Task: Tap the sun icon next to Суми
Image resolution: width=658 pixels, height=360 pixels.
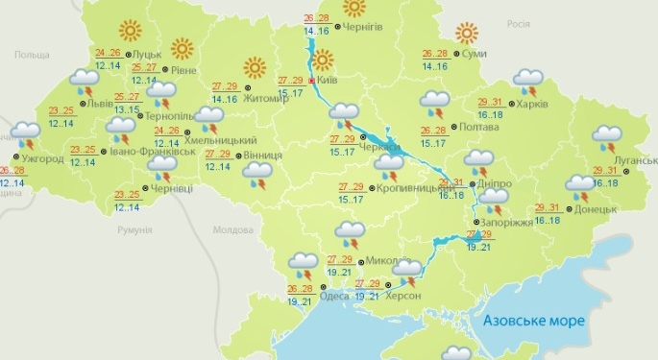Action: [467, 34]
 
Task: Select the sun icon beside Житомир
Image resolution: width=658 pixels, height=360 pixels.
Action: [255, 67]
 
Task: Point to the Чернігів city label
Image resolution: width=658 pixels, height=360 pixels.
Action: [363, 27]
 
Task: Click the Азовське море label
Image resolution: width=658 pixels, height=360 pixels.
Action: [533, 320]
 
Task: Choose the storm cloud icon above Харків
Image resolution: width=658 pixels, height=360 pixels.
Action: [527, 80]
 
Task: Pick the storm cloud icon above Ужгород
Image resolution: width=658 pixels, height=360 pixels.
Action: [26, 133]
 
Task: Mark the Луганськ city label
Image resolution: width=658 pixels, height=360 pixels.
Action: [636, 160]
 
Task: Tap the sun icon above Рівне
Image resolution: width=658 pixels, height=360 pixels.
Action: [180, 48]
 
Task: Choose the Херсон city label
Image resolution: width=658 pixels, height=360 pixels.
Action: [402, 297]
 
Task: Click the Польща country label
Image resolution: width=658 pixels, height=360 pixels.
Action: [31, 56]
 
